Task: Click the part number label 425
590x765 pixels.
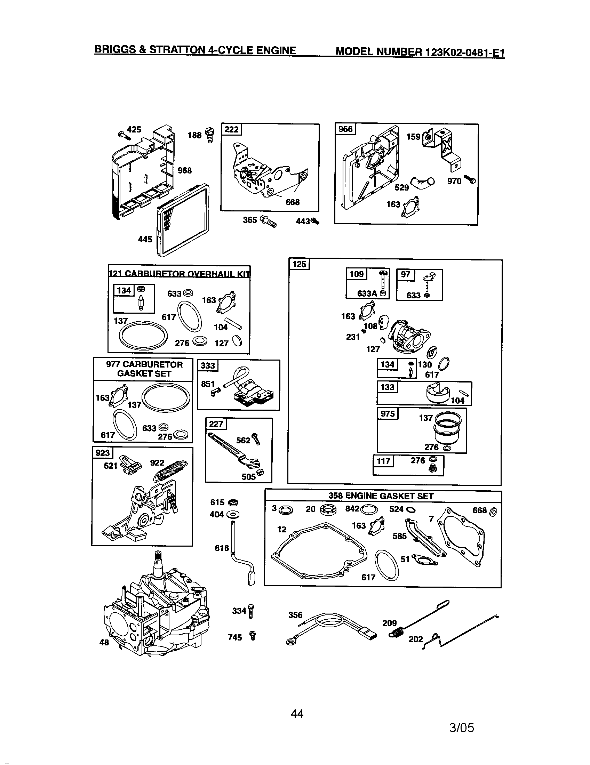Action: (134, 130)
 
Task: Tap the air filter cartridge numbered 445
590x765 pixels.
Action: (183, 221)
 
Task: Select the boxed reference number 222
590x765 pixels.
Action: (231, 130)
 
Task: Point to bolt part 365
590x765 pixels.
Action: (269, 222)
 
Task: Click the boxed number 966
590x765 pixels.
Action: (345, 129)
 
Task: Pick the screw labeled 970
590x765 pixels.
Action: (470, 179)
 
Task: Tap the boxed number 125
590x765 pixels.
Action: (299, 264)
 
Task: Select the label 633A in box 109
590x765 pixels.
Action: (367, 293)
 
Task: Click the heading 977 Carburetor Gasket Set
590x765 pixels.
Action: (144, 369)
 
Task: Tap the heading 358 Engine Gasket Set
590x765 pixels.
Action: (381, 496)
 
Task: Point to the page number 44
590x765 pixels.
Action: (297, 714)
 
